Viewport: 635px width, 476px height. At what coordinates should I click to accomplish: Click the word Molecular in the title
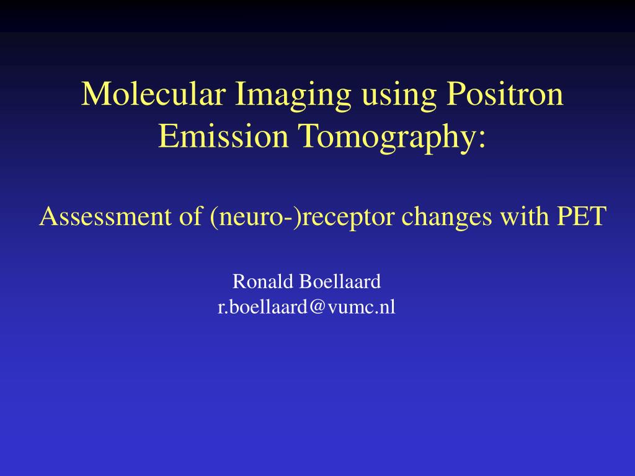pos(154,94)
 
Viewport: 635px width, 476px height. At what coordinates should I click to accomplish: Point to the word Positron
pos(505,94)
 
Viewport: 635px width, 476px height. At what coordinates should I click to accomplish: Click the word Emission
pos(223,136)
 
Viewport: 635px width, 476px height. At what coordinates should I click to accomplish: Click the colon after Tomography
pos(481,140)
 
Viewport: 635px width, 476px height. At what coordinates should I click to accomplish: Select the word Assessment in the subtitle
pos(105,216)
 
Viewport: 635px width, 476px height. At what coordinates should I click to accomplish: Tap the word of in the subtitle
pos(190,216)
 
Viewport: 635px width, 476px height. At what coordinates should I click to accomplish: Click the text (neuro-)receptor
pos(302,217)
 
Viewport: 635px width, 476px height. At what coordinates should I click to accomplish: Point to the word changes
pos(446,218)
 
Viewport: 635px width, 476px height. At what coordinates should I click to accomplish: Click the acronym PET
pos(582,216)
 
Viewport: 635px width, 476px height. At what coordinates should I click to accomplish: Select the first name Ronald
pos(263,281)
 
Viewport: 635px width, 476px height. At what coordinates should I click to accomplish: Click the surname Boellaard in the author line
pos(340,281)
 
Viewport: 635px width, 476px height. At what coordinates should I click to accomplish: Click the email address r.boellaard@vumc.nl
pos(306,306)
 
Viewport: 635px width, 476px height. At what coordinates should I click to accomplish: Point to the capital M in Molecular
pos(96,94)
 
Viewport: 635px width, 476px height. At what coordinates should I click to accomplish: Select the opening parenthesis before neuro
pos(214,218)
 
